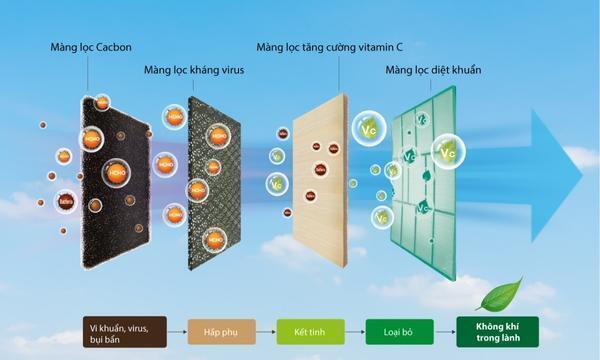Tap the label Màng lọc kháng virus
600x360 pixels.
click(x=194, y=70)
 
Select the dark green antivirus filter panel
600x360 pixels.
click(x=214, y=185)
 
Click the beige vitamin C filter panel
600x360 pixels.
click(x=320, y=180)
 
